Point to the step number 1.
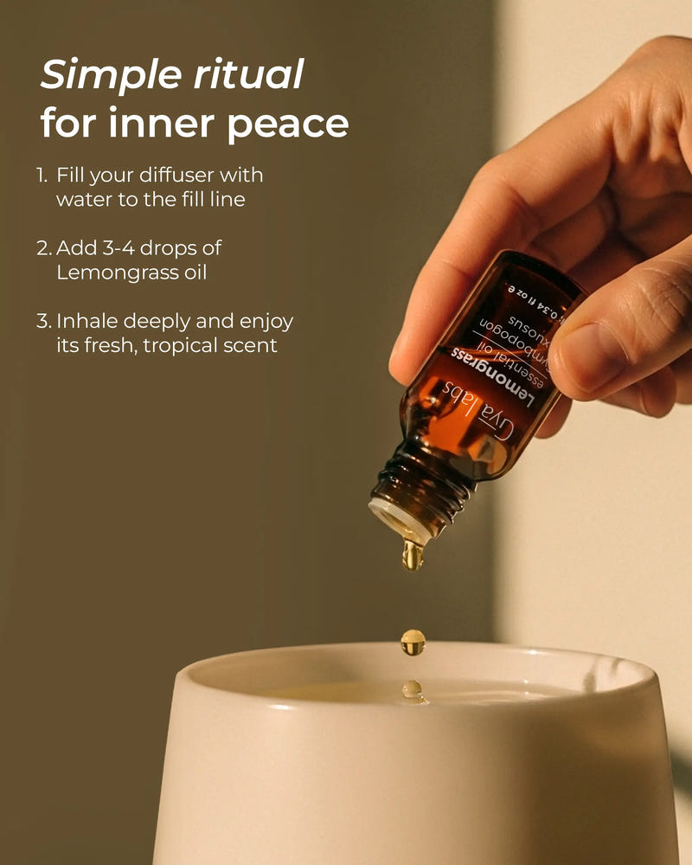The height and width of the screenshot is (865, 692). [x=42, y=176]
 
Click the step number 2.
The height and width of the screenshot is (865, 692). [x=43, y=248]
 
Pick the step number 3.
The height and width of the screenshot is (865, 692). [x=43, y=322]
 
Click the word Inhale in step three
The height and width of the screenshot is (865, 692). [x=85, y=322]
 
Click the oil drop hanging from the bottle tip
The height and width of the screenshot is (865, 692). [x=413, y=554]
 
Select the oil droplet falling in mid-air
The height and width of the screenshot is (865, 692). [x=413, y=641]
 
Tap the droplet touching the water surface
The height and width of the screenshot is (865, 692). [x=413, y=689]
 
